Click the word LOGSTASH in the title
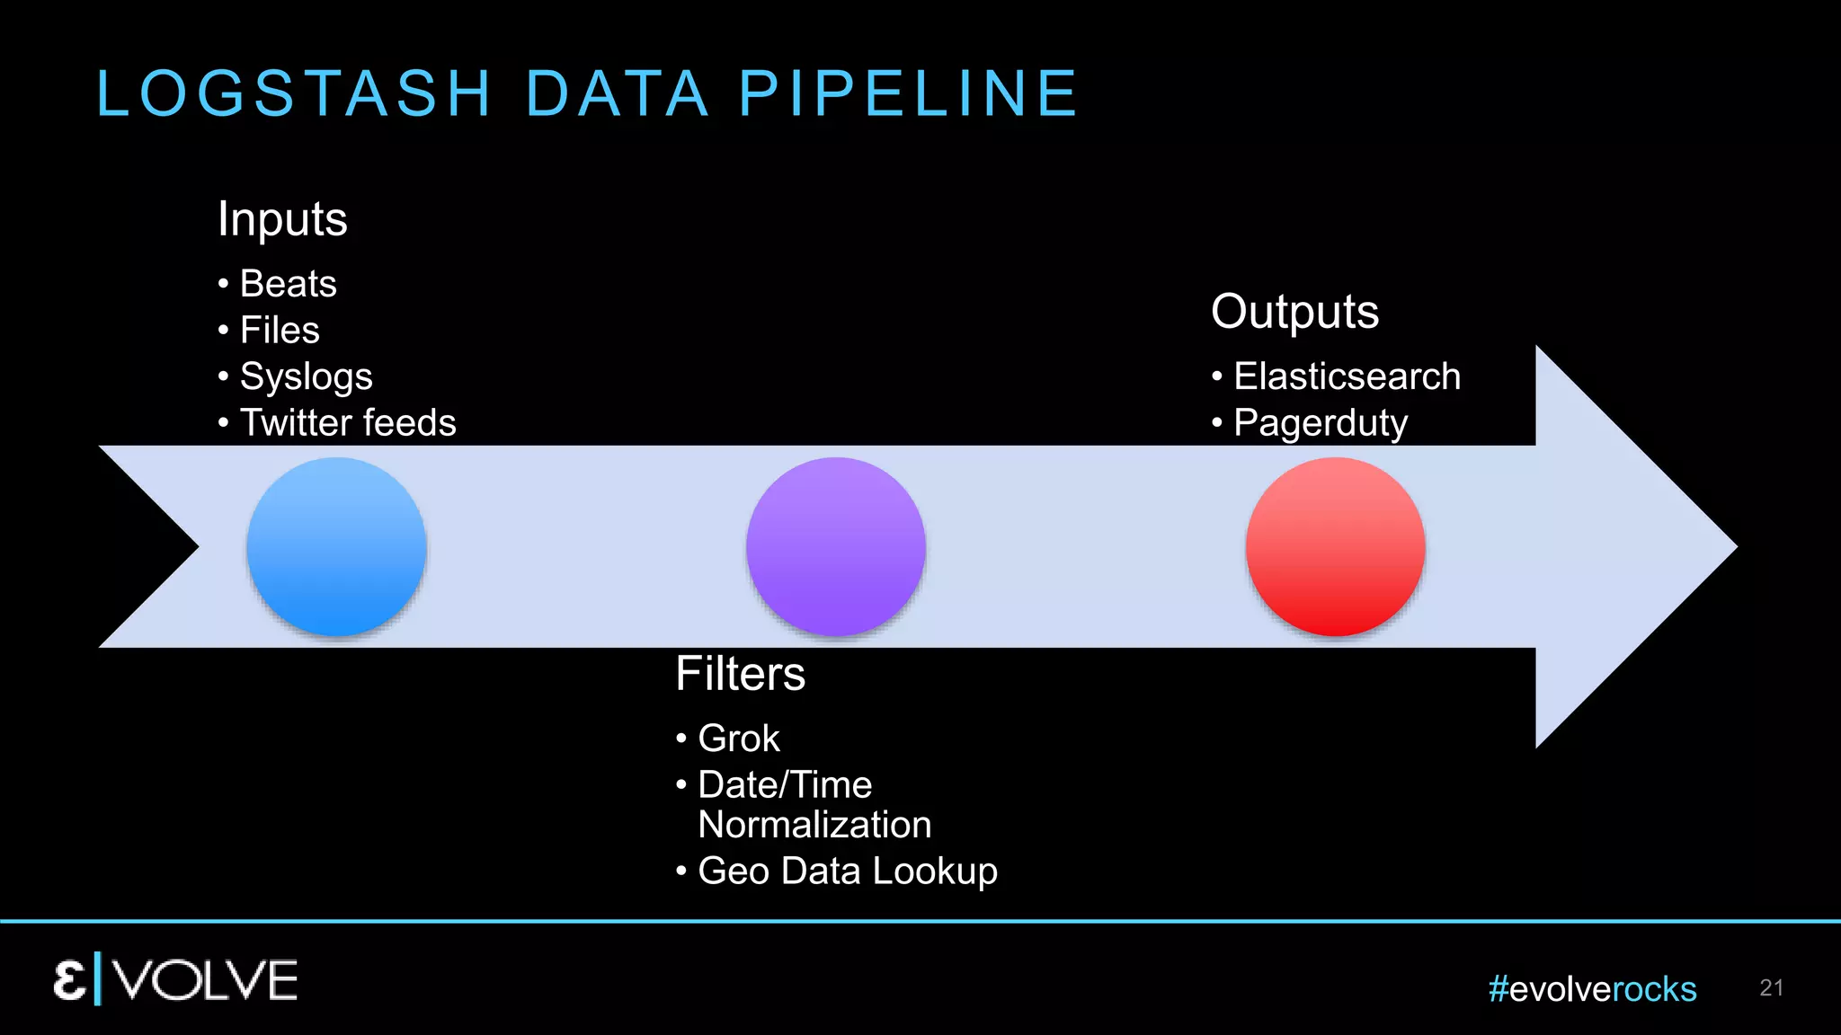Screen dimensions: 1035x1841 pyautogui.click(x=294, y=93)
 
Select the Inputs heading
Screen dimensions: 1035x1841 pyautogui.click(x=282, y=219)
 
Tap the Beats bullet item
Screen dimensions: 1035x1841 pyautogui.click(x=288, y=284)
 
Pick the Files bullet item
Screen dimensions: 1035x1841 pyautogui.click(x=280, y=331)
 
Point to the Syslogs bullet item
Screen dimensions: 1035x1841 pyautogui.click(x=306, y=377)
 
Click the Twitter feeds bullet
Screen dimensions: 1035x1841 pyautogui.click(x=348, y=423)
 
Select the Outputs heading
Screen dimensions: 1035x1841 pyautogui.click(x=1294, y=312)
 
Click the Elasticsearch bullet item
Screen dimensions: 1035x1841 pyautogui.click(x=1347, y=376)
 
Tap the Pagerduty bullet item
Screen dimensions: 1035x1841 pyautogui.click(x=1320, y=423)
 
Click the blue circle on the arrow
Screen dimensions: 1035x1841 pyautogui.click(x=336, y=546)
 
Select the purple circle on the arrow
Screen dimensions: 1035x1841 pyautogui.click(x=836, y=546)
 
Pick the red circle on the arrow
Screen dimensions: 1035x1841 pyautogui.click(x=1336, y=546)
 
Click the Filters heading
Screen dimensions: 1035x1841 pyautogui.click(x=740, y=674)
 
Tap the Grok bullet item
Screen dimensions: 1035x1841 pyautogui.click(x=738, y=739)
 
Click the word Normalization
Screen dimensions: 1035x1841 pyautogui.click(x=814, y=825)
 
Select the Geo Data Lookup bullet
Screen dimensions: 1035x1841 pyautogui.click(x=847, y=871)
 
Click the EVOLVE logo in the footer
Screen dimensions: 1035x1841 pyautogui.click(x=175, y=979)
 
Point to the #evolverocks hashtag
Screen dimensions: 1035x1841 pyautogui.click(x=1592, y=989)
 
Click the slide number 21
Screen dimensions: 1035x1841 pyautogui.click(x=1771, y=988)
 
